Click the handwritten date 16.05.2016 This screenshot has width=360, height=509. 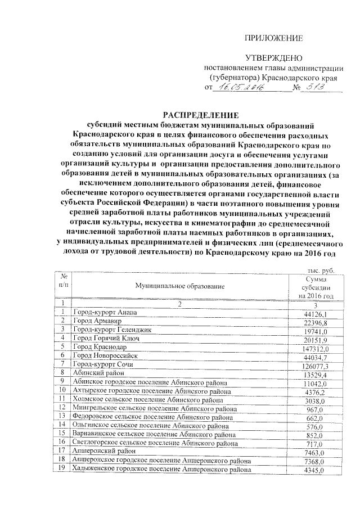tap(237, 88)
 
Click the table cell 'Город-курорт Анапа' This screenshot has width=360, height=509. tap(104, 312)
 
